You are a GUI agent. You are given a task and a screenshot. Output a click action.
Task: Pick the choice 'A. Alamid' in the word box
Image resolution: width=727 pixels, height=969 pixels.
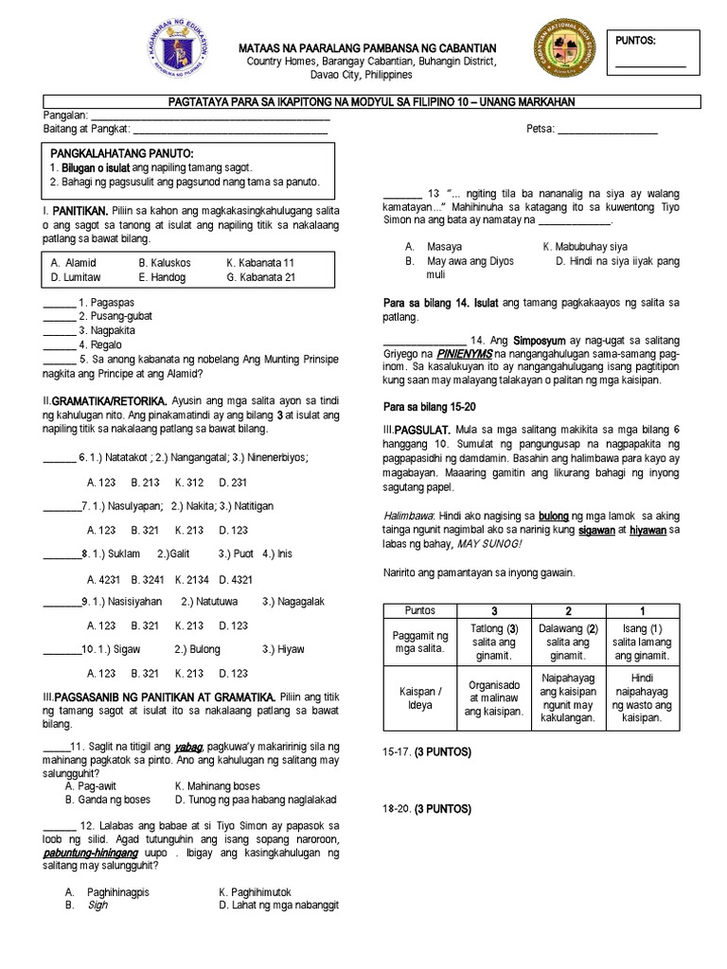pos(74,262)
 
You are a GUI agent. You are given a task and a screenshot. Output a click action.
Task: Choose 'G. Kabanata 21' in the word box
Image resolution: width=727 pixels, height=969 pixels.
pos(261,277)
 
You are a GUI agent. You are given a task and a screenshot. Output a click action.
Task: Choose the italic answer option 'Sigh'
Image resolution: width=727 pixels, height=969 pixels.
pos(97,905)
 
